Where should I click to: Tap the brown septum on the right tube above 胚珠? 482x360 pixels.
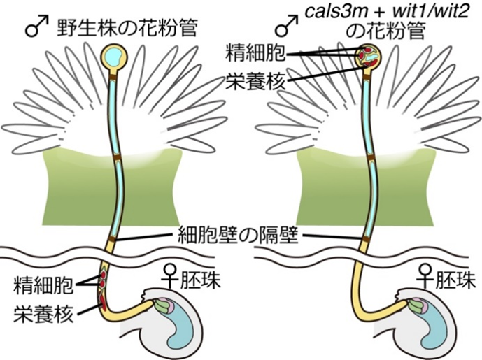tap(364, 241)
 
